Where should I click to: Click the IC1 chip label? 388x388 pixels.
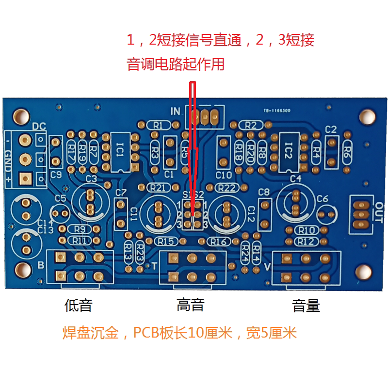tap(120, 151)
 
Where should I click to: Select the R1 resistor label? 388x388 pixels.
tap(158, 125)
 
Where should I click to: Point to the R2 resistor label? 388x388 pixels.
tap(250, 125)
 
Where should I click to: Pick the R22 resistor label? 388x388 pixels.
tap(226, 188)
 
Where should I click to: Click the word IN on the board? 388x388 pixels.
tap(175, 111)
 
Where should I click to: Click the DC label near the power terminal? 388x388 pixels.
tap(39, 127)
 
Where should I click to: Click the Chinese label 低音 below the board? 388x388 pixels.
tap(78, 306)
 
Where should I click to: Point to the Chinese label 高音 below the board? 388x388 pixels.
tap(190, 305)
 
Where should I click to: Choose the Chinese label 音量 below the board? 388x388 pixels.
tap(306, 306)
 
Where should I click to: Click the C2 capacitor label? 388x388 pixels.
tap(331, 129)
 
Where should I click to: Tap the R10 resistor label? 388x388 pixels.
tap(307, 230)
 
